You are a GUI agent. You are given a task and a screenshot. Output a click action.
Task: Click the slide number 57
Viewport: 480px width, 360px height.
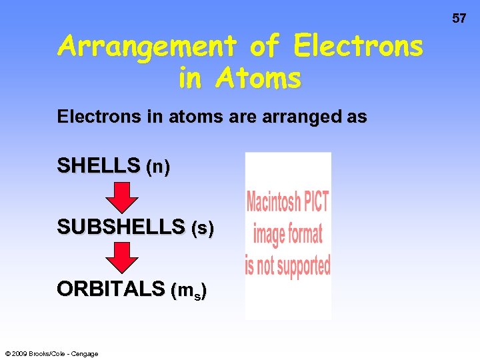(x=459, y=19)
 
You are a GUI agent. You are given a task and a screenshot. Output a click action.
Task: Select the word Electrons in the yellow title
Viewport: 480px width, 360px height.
(x=359, y=47)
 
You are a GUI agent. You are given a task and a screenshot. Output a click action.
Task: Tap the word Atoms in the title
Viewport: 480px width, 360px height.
(x=258, y=78)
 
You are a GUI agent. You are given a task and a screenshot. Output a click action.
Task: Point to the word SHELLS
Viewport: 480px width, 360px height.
(x=99, y=166)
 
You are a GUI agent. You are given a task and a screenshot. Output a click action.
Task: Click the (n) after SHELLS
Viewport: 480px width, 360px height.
(x=158, y=167)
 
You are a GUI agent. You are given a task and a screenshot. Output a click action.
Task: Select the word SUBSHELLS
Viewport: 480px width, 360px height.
(x=121, y=228)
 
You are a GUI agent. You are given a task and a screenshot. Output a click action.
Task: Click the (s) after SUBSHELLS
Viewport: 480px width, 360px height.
(x=203, y=229)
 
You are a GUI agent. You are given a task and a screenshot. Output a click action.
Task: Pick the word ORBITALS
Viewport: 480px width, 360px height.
(x=111, y=289)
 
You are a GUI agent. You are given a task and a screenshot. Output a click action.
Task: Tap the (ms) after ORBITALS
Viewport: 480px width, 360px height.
(x=189, y=291)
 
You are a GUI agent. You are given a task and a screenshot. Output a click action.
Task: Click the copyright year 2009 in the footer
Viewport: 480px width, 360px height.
(x=20, y=353)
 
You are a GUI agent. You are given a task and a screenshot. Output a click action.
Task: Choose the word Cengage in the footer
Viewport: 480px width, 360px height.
(x=85, y=353)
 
